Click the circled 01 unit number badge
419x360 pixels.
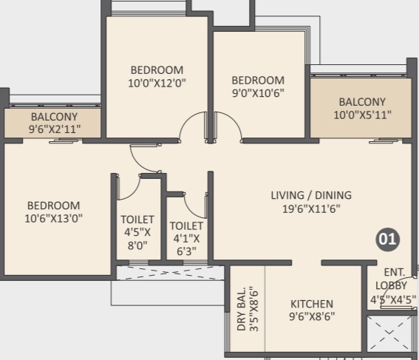click(387, 240)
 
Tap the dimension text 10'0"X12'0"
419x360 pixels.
click(157, 83)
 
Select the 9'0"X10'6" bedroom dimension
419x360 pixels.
click(258, 93)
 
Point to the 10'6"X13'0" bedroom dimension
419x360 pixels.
click(53, 218)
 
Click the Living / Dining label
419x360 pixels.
click(311, 195)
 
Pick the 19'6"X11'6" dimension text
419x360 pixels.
click(311, 208)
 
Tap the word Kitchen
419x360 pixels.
click(312, 304)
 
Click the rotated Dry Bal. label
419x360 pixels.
click(241, 309)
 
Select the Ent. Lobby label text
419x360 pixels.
click(391, 279)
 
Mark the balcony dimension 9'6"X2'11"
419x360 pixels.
click(55, 129)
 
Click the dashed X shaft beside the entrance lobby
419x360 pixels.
click(389, 333)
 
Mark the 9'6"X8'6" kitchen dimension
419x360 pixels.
click(312, 316)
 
